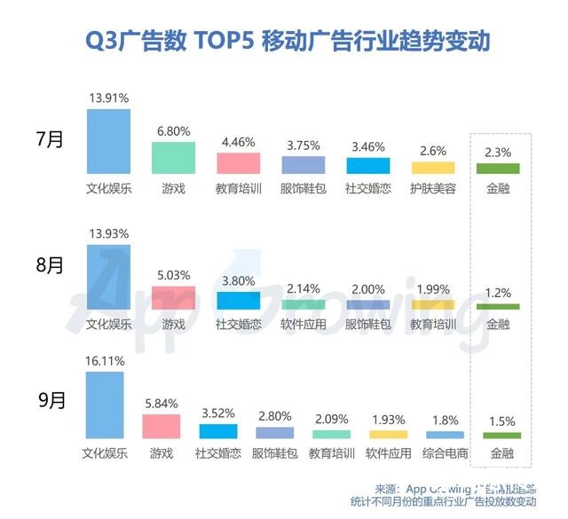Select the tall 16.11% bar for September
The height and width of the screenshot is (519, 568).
point(104,405)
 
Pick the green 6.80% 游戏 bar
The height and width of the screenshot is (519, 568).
point(173,157)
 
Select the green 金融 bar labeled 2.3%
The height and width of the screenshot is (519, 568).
point(498,169)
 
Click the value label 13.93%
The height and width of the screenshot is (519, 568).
point(108,233)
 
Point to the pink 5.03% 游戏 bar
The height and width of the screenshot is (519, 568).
point(173,297)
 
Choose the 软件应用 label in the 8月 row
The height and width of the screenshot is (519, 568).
point(304,324)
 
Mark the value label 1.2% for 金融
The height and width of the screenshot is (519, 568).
point(498,292)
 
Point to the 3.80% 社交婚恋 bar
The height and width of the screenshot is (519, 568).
point(238,300)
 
